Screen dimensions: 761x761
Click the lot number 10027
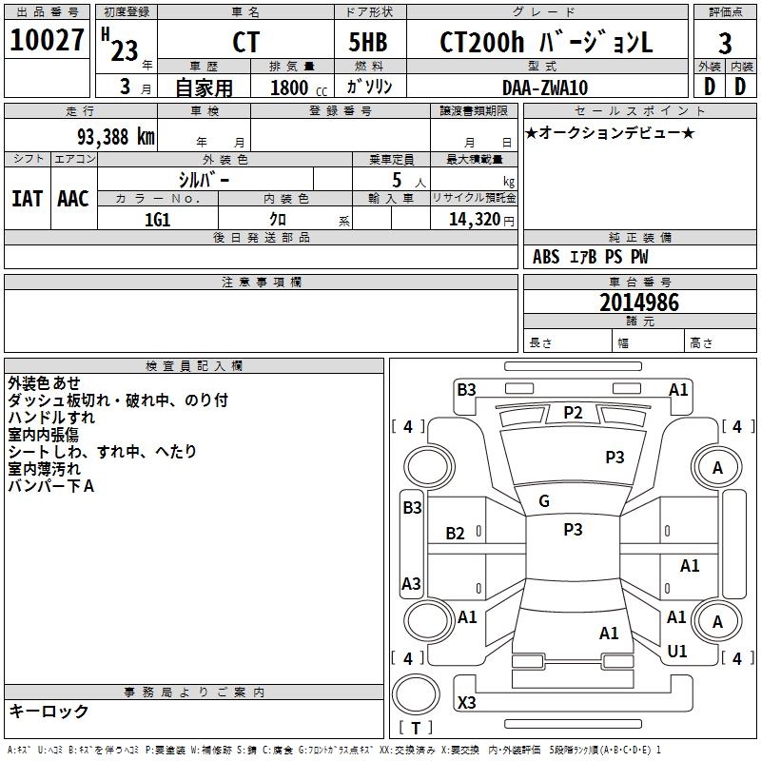coord(47,42)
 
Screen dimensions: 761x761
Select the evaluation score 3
coord(725,43)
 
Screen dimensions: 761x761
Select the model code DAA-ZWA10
coord(545,88)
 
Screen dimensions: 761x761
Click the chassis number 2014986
coord(639,302)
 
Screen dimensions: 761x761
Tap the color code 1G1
coord(157,218)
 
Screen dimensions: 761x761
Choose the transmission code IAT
coord(27,198)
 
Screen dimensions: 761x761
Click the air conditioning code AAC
coord(73,198)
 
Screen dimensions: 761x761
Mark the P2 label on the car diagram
coord(573,412)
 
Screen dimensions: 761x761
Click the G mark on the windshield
coord(544,500)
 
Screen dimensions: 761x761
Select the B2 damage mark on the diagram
coord(456,534)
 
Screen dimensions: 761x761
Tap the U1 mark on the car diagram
coord(677,651)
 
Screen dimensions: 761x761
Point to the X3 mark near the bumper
coord(467,703)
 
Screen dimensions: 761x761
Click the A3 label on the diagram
coord(412,583)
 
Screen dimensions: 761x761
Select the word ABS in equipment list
coord(546,257)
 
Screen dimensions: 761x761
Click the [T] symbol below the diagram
coord(415,728)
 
